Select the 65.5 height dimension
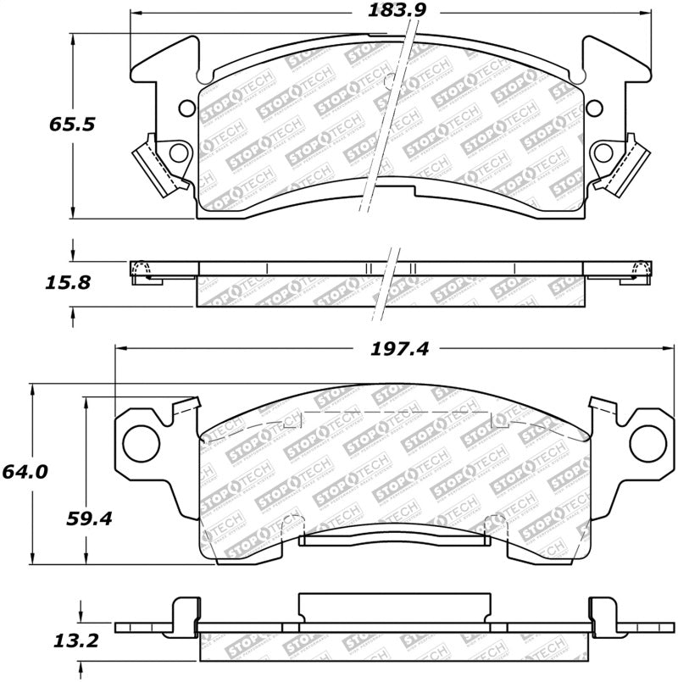(x=71, y=124)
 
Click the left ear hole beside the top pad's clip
(x=178, y=152)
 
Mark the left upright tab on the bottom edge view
(x=184, y=613)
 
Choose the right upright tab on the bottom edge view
(x=601, y=613)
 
